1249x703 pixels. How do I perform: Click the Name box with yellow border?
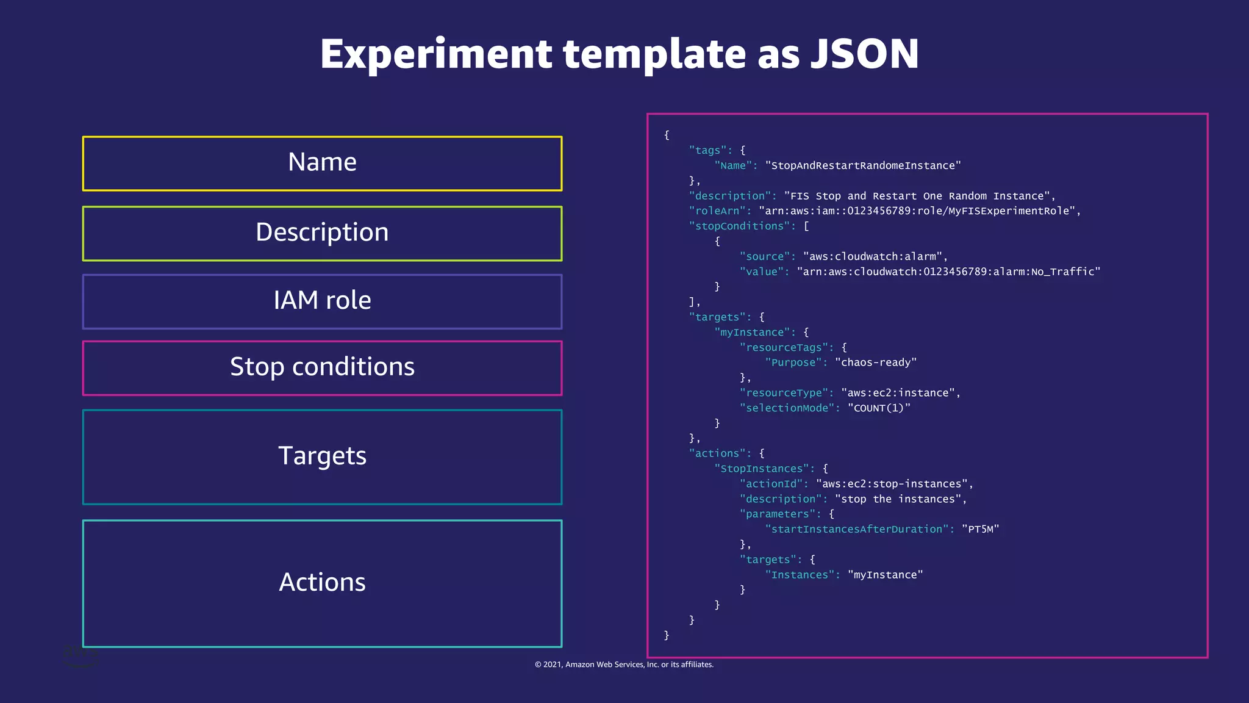click(322, 164)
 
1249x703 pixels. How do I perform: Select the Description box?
click(322, 233)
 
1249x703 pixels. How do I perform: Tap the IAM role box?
click(322, 301)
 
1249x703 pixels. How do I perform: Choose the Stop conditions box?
click(322, 367)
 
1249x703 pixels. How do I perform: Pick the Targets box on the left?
click(322, 456)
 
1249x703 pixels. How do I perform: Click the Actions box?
click(322, 583)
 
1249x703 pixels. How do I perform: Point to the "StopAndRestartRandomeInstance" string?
click(862, 165)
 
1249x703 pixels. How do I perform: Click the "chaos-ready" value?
click(875, 362)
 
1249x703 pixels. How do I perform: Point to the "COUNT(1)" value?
click(878, 408)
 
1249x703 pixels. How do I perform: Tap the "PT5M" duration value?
click(980, 529)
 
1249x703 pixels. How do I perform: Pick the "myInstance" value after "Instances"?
click(885, 575)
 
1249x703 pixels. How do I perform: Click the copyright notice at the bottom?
click(624, 665)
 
